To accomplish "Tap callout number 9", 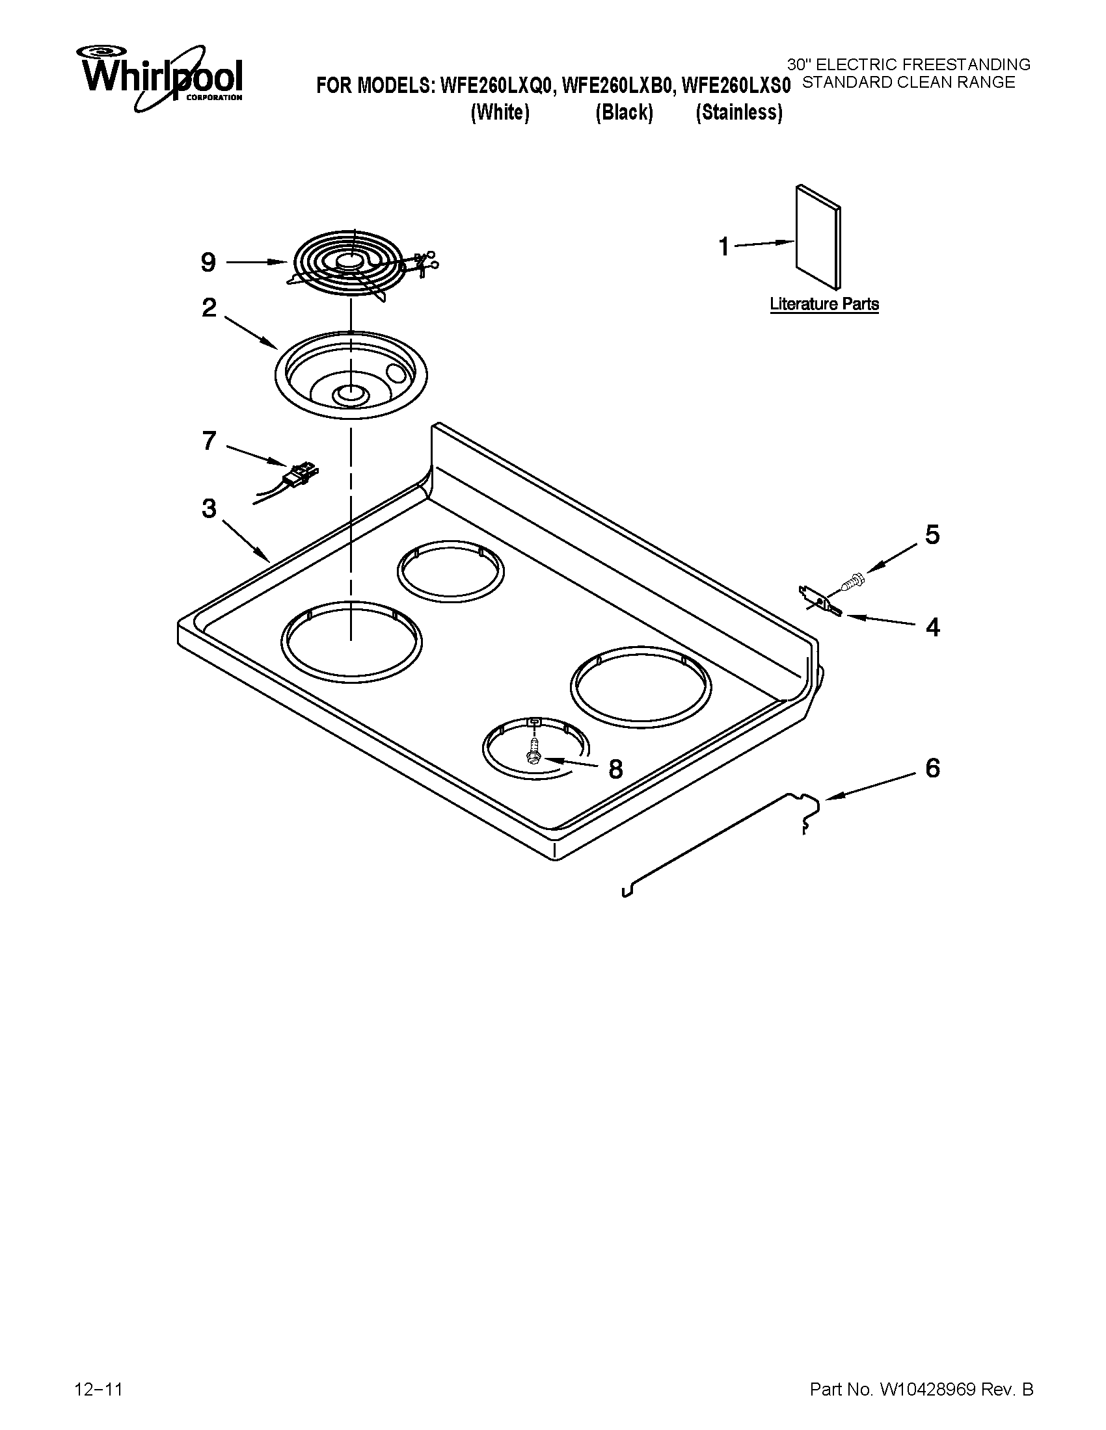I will (208, 263).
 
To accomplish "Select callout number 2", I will (209, 307).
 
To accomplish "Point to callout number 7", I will (209, 441).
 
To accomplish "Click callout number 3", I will (209, 508).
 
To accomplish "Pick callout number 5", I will (932, 534).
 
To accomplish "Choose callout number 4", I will (932, 627).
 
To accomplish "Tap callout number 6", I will (932, 768).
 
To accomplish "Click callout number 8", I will (615, 770).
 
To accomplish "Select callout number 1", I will (724, 247).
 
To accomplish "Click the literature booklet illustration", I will (818, 237).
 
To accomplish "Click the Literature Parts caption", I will (824, 304).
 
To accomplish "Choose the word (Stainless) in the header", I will (739, 112).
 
